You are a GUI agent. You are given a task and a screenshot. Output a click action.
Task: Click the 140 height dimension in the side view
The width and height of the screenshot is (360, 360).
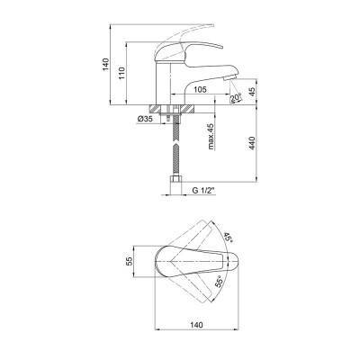(105, 64)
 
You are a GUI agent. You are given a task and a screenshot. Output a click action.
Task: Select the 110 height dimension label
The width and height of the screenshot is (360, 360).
(121, 73)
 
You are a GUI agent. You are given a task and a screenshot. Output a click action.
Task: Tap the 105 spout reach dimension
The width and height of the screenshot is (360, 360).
(200, 89)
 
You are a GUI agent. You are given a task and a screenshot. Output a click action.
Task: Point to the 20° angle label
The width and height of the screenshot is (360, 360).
(236, 97)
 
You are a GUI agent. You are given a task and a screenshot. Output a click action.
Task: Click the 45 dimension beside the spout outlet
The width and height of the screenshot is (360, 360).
(252, 92)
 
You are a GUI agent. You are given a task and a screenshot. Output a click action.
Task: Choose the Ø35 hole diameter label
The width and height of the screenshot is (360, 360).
(145, 119)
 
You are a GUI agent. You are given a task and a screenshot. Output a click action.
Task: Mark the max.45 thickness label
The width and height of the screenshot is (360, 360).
(211, 137)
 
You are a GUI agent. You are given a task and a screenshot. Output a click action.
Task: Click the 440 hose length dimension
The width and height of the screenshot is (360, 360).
(252, 143)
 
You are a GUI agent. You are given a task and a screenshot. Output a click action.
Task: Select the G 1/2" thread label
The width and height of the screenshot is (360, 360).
(203, 190)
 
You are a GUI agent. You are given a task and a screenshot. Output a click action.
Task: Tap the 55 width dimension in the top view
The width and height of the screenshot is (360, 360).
(129, 261)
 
